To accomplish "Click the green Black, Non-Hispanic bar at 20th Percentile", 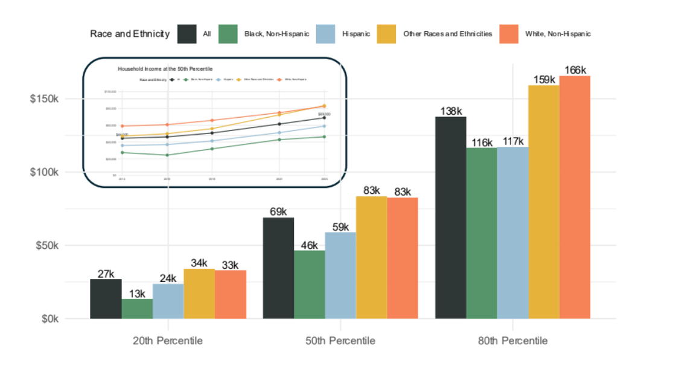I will click(137, 309).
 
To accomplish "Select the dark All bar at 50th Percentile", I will click(278, 268).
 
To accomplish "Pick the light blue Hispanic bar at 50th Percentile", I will click(340, 275).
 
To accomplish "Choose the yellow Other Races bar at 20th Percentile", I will click(199, 293).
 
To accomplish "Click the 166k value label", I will click(575, 70).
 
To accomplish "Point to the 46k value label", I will click(309, 245).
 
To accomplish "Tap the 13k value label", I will click(137, 293).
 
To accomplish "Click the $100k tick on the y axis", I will click(44, 172).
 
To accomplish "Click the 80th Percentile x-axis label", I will click(512, 341).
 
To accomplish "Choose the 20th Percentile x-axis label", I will click(168, 341).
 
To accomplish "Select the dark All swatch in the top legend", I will click(187, 34).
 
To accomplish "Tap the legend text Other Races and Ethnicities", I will click(447, 34).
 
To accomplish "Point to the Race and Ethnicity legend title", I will click(130, 34).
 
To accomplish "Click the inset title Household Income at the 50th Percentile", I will click(165, 69).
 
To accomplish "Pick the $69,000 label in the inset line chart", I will click(324, 114).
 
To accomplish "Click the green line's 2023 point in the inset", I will click(325, 136).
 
